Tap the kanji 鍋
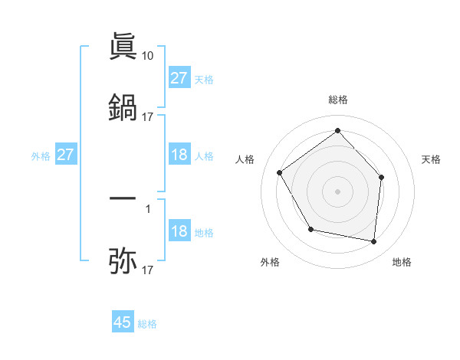coord(123,107)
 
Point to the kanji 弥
coord(123,260)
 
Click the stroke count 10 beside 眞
coord(148,55)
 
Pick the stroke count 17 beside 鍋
coord(148,116)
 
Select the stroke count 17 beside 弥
coord(148,270)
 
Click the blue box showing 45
coord(123,322)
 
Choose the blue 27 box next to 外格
coord(66,155)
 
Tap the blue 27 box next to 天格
coord(179,78)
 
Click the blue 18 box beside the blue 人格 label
coord(179,155)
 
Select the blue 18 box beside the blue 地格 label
coord(179,231)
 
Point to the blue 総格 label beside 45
coord(147,324)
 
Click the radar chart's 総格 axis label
coord(337,100)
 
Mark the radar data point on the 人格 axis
coord(280,172)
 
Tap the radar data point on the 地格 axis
coord(373,241)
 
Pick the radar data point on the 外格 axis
coord(310,229)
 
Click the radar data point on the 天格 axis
coord(382,177)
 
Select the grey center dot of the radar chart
coord(337,191)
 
